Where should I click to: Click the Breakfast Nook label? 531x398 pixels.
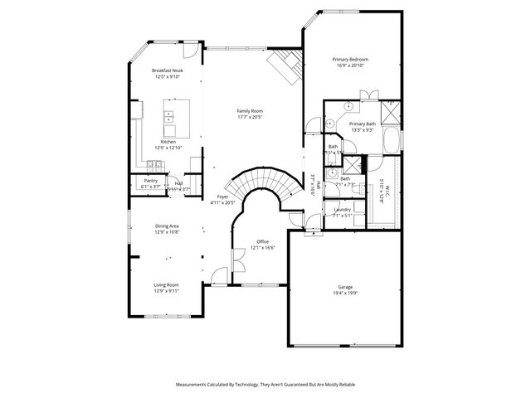coord(167,71)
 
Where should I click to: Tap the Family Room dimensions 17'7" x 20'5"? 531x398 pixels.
coord(250,117)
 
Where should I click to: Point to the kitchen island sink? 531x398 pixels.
coord(168,116)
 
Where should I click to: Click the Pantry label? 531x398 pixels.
coord(150,180)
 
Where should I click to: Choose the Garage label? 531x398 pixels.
coord(344,286)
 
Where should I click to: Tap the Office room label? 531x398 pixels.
coord(262,241)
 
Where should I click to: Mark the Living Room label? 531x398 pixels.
coord(166,284)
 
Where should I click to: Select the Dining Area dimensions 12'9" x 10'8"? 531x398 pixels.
coord(167,232)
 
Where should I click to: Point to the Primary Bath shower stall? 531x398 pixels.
coord(390,112)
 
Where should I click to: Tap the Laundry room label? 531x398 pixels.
coord(342,210)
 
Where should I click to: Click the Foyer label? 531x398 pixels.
coord(222,197)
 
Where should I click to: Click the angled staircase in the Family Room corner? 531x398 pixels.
coord(285,65)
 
